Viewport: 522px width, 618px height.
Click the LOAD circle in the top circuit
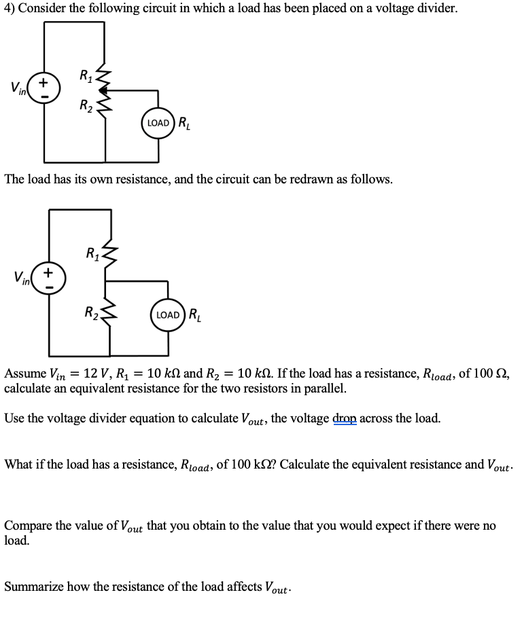[x=158, y=123]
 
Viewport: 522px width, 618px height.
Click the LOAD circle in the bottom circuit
[x=168, y=314]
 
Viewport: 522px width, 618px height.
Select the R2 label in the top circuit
[x=85, y=106]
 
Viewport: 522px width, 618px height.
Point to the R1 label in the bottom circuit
[x=92, y=255]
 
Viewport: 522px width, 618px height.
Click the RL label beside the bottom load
[x=195, y=314]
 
